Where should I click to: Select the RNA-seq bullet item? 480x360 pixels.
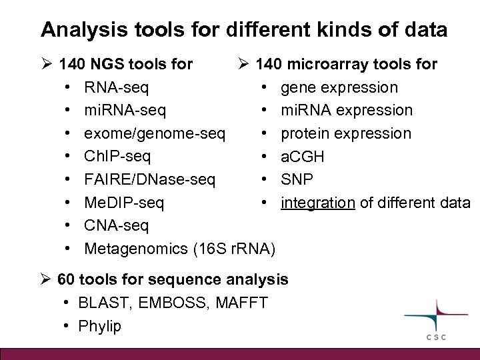(x=117, y=87)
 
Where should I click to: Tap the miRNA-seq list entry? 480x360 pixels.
(x=125, y=110)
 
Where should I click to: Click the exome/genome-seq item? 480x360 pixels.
(x=155, y=133)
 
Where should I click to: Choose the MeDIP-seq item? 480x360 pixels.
(x=124, y=202)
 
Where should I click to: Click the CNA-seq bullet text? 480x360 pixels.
(x=117, y=225)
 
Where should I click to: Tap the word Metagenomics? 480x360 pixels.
(x=136, y=249)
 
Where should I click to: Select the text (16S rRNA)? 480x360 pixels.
(x=233, y=249)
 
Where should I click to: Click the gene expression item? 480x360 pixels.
(x=339, y=87)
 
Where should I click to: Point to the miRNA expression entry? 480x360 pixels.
(x=347, y=110)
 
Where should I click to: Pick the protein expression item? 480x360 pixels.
(x=346, y=133)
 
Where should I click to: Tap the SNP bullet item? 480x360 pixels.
(x=297, y=179)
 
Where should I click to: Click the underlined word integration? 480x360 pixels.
(x=318, y=202)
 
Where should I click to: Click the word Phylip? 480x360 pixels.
(x=99, y=327)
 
